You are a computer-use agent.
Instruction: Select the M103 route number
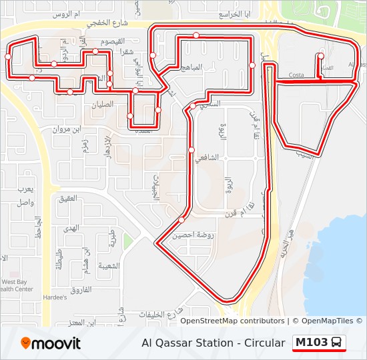click(x=312, y=343)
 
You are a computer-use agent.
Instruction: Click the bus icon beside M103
click(x=338, y=343)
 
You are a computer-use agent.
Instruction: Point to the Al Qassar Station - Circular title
click(x=213, y=343)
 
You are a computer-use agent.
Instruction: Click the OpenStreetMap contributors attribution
click(x=232, y=321)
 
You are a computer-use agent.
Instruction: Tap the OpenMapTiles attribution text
click(x=327, y=321)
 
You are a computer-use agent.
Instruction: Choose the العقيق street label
click(x=69, y=198)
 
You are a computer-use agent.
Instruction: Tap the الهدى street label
click(x=71, y=227)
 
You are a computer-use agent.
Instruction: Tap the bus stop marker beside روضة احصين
click(x=181, y=219)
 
